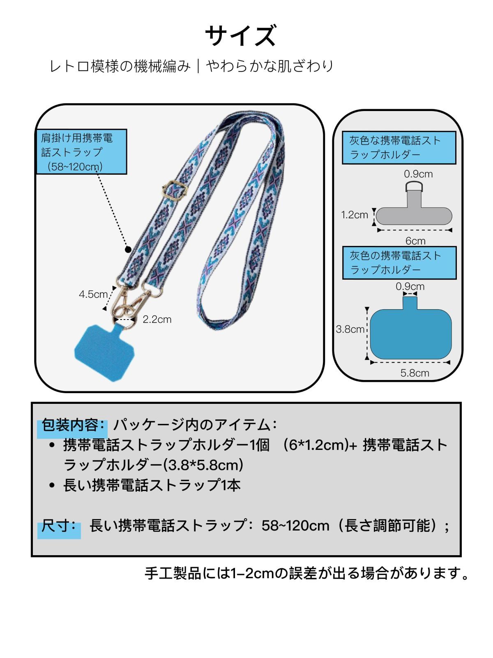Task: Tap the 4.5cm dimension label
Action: click(x=93, y=294)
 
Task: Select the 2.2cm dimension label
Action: click(x=157, y=319)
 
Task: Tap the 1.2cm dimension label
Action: click(x=355, y=215)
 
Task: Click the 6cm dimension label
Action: click(x=415, y=241)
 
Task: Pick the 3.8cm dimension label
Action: click(x=350, y=329)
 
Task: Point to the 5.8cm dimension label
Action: click(x=415, y=373)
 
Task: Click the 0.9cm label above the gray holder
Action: click(x=418, y=174)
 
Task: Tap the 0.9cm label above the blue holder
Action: click(x=410, y=286)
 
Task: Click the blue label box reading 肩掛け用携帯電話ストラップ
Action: click(x=81, y=152)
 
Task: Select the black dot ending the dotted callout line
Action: click(x=128, y=249)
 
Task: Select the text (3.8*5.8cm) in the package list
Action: click(x=203, y=465)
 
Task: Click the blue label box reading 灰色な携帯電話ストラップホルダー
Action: click(x=399, y=148)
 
